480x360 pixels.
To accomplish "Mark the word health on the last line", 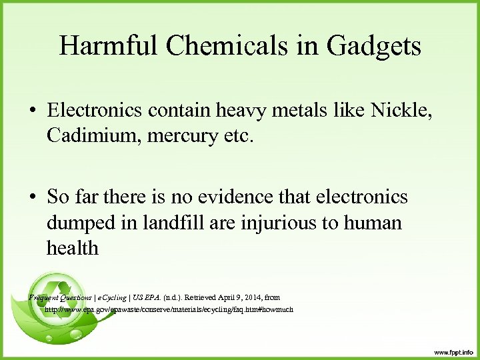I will coord(72,247).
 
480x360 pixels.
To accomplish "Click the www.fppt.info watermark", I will coord(453,351).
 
